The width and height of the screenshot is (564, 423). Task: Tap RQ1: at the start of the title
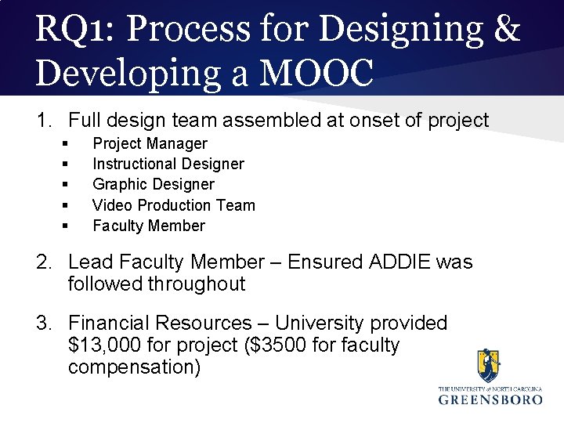click(73, 31)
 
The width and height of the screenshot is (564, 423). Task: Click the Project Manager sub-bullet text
click(150, 143)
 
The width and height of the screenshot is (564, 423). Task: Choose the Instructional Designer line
click(168, 164)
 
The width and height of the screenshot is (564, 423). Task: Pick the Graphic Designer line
click(153, 184)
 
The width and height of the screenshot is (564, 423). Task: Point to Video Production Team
click(174, 205)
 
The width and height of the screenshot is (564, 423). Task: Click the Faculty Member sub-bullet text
click(148, 226)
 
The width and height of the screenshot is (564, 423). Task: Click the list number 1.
click(44, 121)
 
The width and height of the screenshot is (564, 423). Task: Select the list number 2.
click(44, 262)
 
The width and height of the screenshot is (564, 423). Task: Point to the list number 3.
click(44, 323)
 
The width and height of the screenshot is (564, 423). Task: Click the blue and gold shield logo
click(490, 366)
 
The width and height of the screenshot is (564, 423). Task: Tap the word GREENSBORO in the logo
click(490, 399)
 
